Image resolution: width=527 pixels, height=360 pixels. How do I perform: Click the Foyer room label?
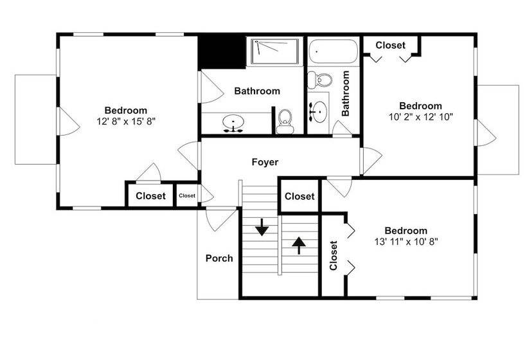point(265,163)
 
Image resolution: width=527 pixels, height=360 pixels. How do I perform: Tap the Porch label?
point(219,258)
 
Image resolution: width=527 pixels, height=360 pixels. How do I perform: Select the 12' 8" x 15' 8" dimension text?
point(126,121)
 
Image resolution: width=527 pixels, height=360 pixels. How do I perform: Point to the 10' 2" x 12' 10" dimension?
point(421,117)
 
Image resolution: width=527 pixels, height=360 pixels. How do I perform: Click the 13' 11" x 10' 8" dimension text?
point(406,241)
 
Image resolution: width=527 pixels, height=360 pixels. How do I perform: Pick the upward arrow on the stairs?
point(298,246)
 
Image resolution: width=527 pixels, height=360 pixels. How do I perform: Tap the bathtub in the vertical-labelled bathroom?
point(333,51)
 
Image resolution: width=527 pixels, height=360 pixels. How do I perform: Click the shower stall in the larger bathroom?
point(274,51)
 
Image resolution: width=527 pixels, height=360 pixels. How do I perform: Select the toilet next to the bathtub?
point(320,79)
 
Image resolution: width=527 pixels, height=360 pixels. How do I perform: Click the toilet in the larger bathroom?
point(285,122)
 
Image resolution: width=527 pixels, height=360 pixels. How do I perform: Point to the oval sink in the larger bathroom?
point(233,122)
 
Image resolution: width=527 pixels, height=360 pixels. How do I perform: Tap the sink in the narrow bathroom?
point(318,111)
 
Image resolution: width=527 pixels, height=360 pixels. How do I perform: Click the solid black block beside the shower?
point(222,52)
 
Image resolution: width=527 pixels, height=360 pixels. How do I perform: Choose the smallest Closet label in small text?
point(187,195)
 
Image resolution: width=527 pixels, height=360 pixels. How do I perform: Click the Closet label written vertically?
point(334,255)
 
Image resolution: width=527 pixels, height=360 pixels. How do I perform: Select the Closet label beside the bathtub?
point(391,45)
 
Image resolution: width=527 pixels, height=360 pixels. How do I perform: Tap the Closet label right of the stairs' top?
point(299,196)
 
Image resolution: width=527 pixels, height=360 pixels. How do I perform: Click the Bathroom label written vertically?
point(346,93)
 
